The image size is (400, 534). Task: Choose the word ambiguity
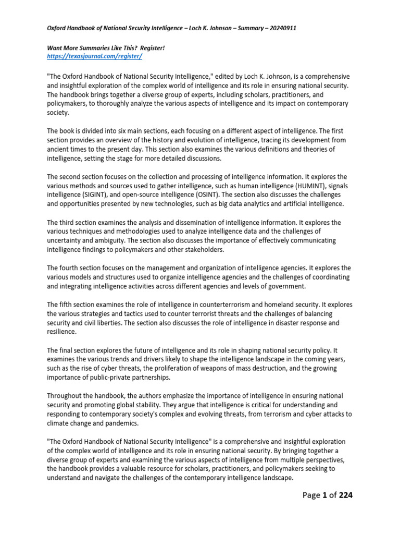(117, 241)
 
